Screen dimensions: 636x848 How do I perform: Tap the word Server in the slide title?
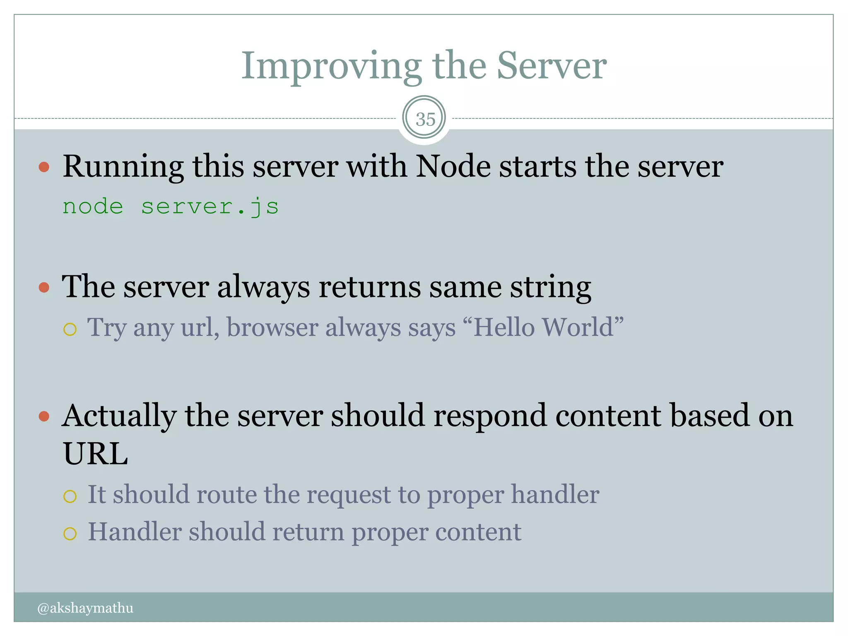552,66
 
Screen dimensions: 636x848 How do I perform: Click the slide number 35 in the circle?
425,119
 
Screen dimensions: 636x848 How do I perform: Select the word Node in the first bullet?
453,166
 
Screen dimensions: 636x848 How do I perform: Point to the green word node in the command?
93,206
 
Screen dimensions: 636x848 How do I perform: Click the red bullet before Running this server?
44,167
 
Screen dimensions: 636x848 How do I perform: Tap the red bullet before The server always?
44,287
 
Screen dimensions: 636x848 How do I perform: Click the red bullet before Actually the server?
44,416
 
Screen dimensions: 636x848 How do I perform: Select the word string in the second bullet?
550,287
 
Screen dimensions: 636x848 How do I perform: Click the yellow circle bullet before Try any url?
70,329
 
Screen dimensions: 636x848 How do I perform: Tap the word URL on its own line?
95,454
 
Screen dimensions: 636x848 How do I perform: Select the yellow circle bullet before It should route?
70,496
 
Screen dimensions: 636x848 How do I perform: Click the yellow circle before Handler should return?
70,534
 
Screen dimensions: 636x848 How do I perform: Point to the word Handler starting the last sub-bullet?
135,532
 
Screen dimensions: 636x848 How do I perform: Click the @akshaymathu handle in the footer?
85,608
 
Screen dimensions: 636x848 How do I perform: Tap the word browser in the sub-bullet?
272,327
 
